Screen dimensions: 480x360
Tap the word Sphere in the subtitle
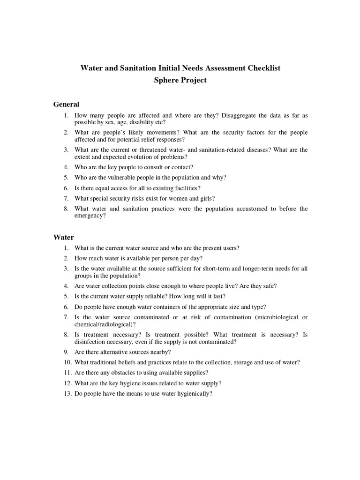coord(167,80)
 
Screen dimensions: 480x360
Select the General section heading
coord(66,104)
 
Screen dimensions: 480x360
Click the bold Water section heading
coord(63,237)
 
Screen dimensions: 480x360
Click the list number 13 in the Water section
coord(67,394)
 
